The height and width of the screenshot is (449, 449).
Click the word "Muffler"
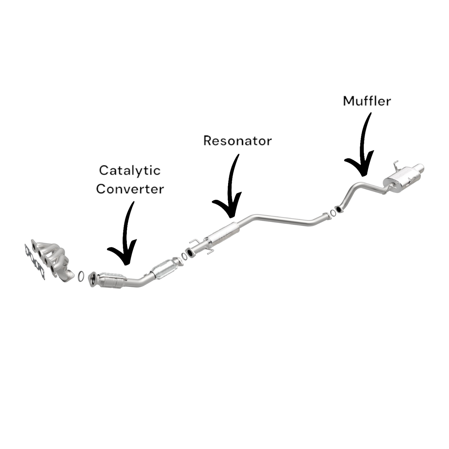tap(367, 101)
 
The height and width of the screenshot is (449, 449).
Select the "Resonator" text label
tap(237, 141)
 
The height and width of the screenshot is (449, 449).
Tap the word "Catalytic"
tap(130, 170)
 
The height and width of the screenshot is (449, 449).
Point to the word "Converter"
tap(130, 189)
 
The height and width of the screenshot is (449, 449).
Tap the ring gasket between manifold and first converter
tap(81, 276)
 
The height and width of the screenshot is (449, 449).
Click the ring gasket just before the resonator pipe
tap(184, 256)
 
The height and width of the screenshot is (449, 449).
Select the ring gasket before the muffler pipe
tap(333, 213)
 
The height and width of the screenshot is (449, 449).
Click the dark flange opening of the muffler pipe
tap(337, 209)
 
